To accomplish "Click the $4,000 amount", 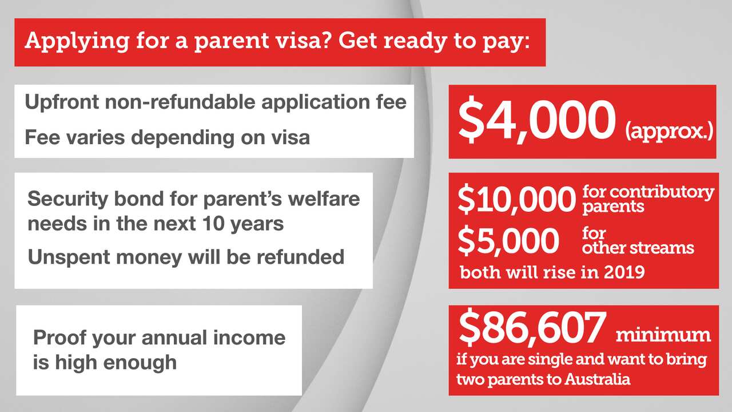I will (536, 122).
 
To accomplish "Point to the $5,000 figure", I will (508, 241).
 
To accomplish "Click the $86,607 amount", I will (531, 330).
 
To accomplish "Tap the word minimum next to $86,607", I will (663, 335).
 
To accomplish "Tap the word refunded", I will (300, 257).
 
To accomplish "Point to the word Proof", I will (55, 337).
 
